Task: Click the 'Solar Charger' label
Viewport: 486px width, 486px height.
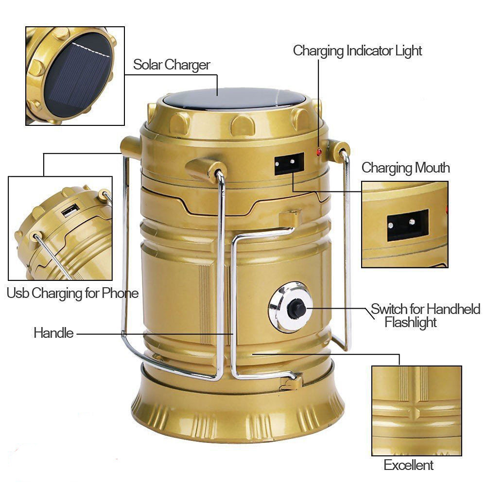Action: [172, 65]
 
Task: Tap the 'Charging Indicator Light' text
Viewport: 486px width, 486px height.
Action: [357, 51]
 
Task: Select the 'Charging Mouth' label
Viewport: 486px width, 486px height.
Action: [405, 168]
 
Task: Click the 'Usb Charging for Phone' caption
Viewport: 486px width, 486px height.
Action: [72, 293]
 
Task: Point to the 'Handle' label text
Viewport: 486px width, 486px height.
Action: [53, 333]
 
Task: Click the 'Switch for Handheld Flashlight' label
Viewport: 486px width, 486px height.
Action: [425, 315]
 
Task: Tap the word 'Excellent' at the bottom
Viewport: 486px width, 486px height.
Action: [408, 465]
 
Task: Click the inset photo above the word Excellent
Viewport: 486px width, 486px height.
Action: [416, 411]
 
